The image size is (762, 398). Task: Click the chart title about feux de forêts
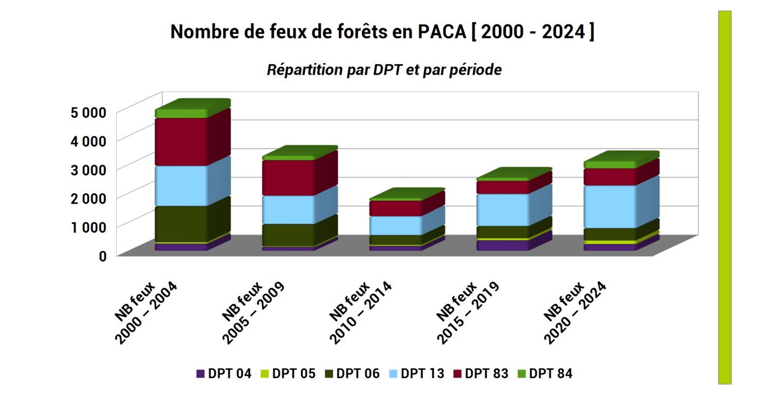click(382, 32)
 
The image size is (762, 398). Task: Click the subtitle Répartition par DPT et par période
click(384, 70)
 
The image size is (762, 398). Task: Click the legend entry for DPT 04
click(224, 374)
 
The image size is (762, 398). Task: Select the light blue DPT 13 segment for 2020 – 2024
click(610, 206)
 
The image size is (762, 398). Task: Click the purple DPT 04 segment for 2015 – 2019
click(503, 245)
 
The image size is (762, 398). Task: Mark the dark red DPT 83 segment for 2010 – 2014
click(395, 208)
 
